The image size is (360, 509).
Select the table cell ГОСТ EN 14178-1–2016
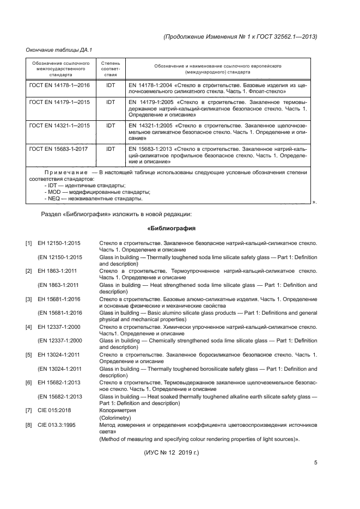pyautogui.click(x=60, y=86)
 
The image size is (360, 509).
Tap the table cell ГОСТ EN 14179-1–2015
pyautogui.click(x=60, y=102)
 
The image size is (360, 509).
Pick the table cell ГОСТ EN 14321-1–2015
pyautogui.click(x=60, y=125)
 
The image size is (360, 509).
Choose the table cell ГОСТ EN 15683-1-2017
pyautogui.click(x=60, y=148)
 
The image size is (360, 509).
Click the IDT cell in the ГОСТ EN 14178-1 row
pyautogui.click(x=111, y=86)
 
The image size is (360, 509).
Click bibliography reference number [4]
pyautogui.click(x=29, y=327)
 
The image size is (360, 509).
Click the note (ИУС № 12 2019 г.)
pyautogui.click(x=172, y=452)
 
